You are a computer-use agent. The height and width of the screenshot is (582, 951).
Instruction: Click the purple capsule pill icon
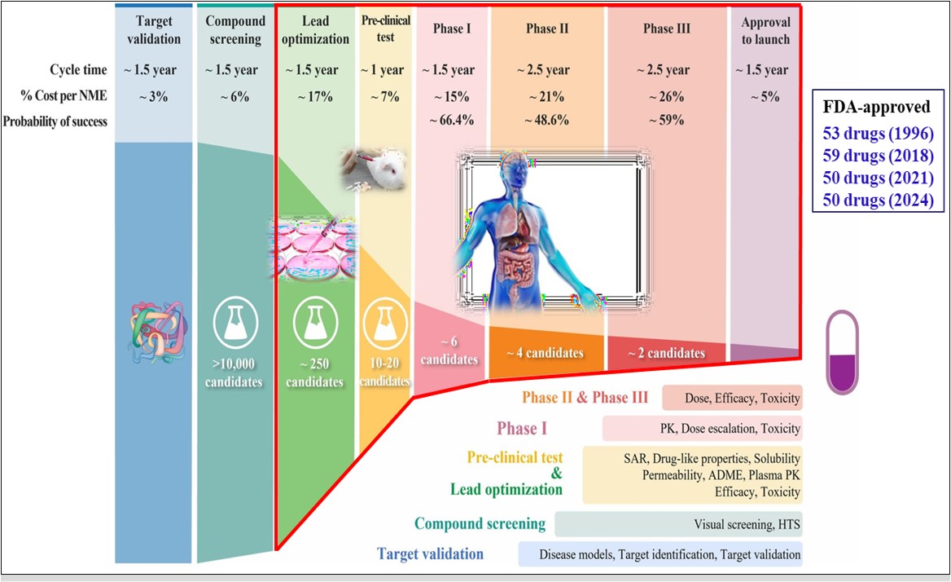(843, 352)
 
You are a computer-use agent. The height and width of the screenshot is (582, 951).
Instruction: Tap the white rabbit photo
(374, 169)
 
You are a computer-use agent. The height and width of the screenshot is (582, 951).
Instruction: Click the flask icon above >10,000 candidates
(235, 323)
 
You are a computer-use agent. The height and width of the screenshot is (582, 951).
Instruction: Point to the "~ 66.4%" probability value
(452, 120)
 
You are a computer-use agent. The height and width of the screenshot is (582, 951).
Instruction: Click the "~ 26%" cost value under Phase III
(667, 96)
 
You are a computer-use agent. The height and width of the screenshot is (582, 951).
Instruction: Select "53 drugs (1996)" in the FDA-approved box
(878, 134)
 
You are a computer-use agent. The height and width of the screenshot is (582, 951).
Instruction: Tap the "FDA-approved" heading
(876, 107)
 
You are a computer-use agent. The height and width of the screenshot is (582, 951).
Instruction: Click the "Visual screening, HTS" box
(678, 524)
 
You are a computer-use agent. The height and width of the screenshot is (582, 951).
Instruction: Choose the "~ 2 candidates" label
(667, 353)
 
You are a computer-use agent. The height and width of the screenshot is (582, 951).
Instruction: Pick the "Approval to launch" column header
(765, 31)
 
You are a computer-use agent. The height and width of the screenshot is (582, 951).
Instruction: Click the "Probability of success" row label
(55, 121)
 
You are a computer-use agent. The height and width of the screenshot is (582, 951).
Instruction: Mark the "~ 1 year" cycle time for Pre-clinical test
(383, 70)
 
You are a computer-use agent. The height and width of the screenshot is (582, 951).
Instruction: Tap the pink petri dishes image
(315, 249)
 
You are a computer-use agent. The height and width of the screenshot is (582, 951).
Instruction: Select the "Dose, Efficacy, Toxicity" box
(732, 398)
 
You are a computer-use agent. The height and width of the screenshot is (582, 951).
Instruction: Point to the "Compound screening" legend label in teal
(480, 524)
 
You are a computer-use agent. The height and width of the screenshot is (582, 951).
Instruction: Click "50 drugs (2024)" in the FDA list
(878, 201)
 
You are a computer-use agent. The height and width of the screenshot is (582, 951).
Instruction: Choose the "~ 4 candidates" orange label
(545, 353)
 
